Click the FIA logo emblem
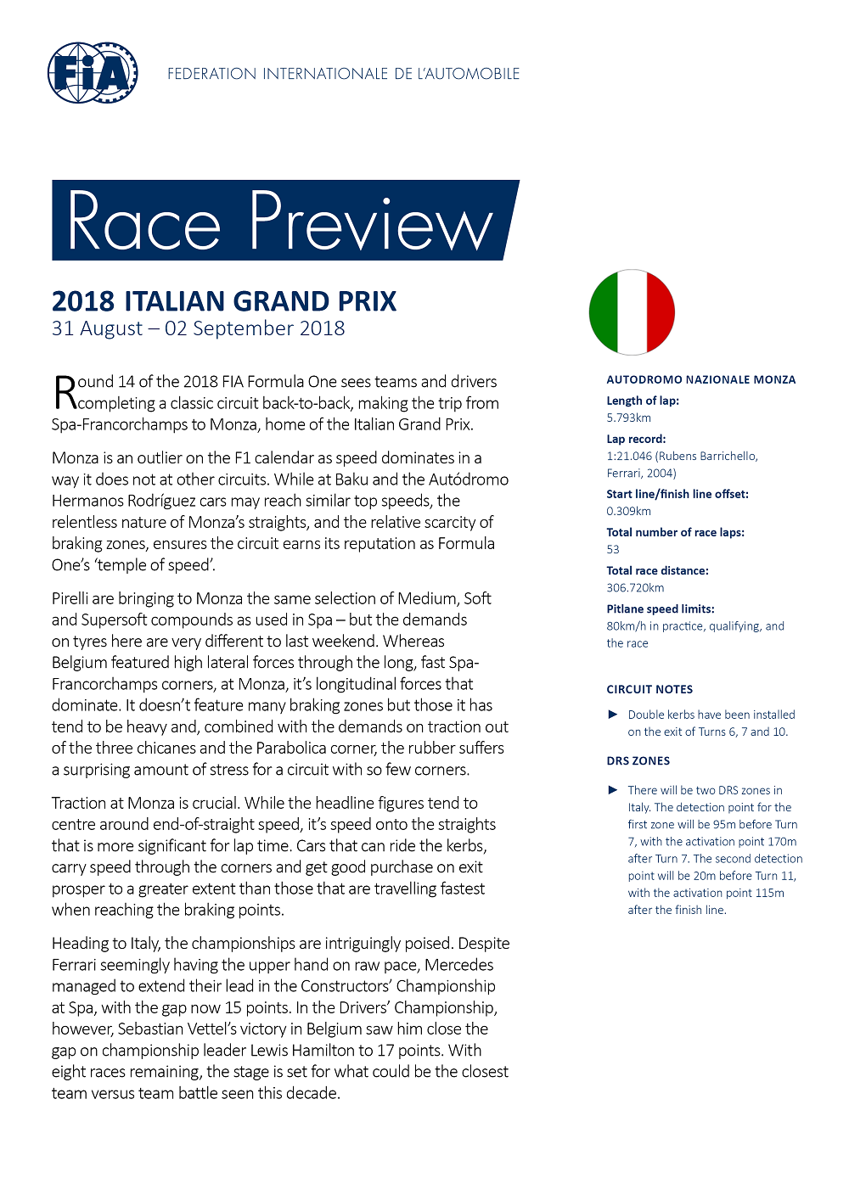coord(93,74)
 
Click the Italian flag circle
coord(632,312)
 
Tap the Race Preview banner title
coord(280,221)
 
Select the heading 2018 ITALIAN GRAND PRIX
coord(224,301)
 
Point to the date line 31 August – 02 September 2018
coord(198,329)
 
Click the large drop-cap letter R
coord(65,392)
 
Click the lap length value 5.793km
coord(628,418)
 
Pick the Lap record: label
coord(636,439)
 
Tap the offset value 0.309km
coord(628,511)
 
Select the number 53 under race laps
coord(613,549)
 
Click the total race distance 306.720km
coord(635,587)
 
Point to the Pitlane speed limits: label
coord(660,608)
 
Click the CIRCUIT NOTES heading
coord(649,689)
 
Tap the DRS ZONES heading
coord(638,760)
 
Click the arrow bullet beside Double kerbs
coord(613,715)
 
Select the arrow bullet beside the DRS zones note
coord(613,790)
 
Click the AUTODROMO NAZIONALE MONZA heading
coord(700,379)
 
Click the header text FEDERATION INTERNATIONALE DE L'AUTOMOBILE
coord(343,74)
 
